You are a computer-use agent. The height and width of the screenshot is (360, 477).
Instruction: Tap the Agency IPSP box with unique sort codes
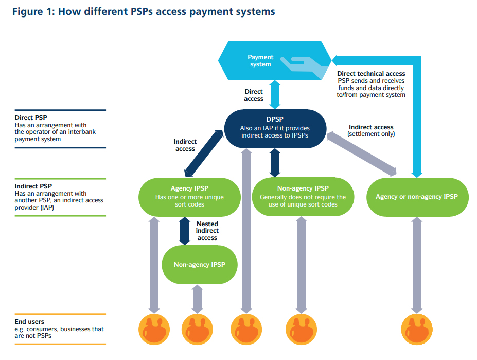[x=189, y=197]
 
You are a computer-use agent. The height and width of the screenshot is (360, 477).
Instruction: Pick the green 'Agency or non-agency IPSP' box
[x=417, y=197]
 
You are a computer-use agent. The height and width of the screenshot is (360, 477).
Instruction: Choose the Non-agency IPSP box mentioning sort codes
[x=303, y=197]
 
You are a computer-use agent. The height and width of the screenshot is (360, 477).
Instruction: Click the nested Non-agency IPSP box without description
[x=199, y=265]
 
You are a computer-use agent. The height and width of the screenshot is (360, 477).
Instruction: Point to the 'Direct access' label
[x=254, y=95]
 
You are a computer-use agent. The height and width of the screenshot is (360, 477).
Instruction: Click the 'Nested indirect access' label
[x=207, y=231]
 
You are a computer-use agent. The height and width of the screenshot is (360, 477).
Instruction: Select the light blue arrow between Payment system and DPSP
[x=275, y=94]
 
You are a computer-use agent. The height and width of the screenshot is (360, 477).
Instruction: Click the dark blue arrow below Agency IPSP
[x=184, y=231]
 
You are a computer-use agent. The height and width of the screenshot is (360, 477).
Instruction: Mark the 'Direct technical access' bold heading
[x=371, y=74]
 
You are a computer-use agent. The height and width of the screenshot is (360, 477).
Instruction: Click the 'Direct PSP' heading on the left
[x=31, y=118]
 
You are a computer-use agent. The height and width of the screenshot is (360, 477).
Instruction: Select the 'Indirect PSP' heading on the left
[x=33, y=186]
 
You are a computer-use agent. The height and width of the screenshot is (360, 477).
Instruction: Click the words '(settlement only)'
[x=371, y=134]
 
